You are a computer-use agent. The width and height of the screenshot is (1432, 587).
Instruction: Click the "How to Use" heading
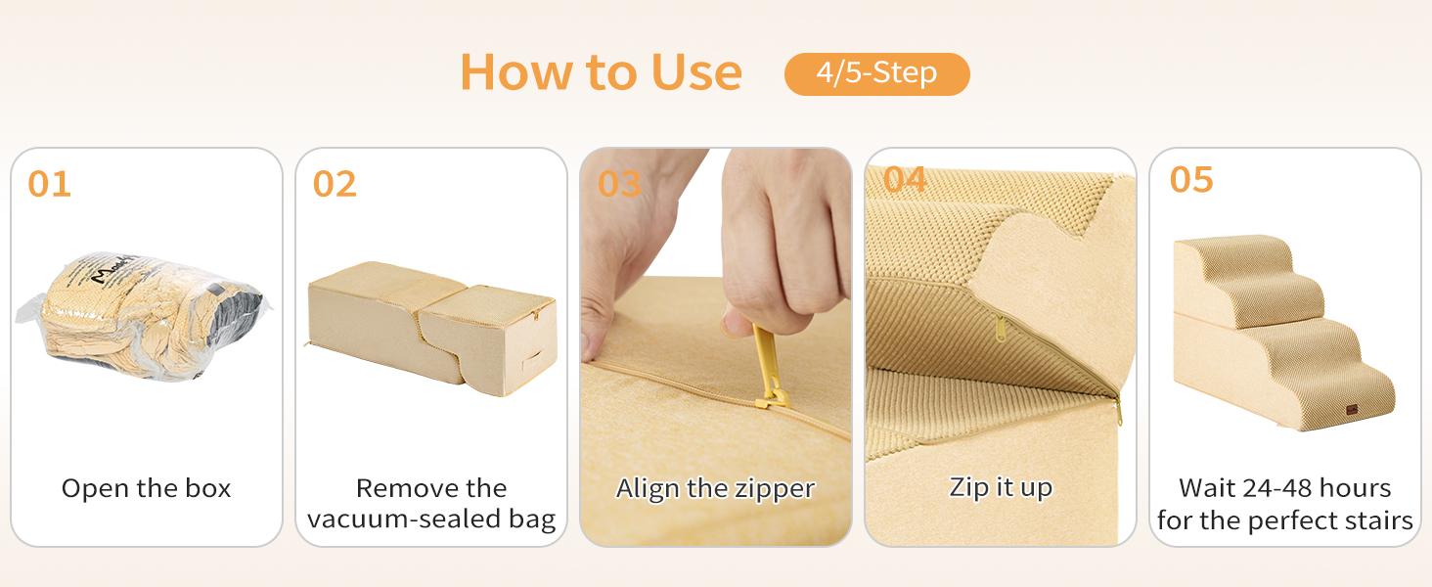(x=601, y=72)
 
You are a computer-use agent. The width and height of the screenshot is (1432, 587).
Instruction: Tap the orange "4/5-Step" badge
(x=876, y=73)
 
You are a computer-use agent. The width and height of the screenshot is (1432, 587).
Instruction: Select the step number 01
(x=49, y=184)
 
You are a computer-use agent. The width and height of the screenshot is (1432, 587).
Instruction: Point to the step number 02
(x=335, y=184)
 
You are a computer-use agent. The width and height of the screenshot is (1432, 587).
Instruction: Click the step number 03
(x=619, y=184)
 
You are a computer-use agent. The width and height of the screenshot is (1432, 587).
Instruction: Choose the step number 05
(x=1191, y=179)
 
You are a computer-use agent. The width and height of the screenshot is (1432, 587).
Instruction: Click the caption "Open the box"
(x=146, y=488)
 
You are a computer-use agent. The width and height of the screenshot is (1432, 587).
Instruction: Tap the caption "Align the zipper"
(x=715, y=489)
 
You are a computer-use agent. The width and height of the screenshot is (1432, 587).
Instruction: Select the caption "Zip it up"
(x=1001, y=488)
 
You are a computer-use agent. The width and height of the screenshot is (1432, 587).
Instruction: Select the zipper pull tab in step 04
(x=1000, y=328)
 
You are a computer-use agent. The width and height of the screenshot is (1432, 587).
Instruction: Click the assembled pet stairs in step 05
(x=1283, y=333)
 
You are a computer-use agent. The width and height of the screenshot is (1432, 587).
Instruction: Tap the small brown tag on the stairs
(x=1352, y=409)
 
